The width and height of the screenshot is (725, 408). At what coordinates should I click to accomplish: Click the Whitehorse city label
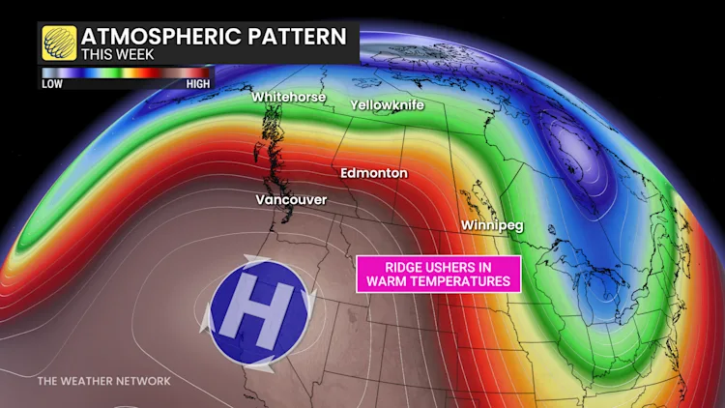pyautogui.click(x=287, y=97)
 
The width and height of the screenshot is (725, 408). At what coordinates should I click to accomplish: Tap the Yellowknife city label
pyautogui.click(x=387, y=103)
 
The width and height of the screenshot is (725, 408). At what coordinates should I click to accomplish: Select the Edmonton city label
pyautogui.click(x=373, y=173)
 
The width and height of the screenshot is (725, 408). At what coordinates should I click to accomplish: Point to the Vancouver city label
pyautogui.click(x=291, y=199)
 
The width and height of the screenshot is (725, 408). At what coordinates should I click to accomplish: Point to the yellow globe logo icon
pyautogui.click(x=59, y=44)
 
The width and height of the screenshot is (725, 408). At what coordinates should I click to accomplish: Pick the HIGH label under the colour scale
pyautogui.click(x=197, y=84)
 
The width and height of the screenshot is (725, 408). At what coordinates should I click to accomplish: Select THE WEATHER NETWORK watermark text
pyautogui.click(x=104, y=381)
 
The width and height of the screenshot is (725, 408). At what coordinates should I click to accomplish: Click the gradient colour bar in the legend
pyautogui.click(x=125, y=73)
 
